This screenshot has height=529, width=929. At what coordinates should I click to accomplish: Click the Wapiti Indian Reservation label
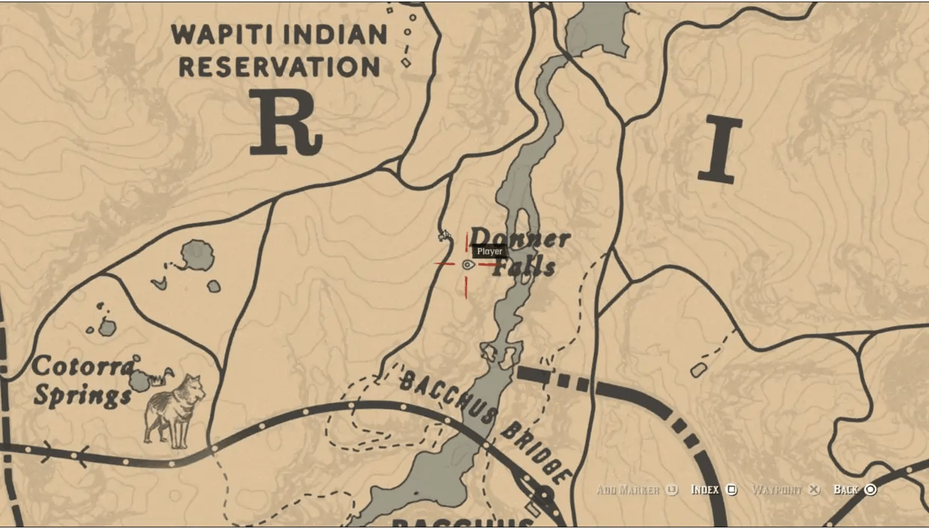click(279, 50)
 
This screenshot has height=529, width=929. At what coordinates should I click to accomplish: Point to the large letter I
click(719, 150)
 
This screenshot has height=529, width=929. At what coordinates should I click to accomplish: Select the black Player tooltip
click(490, 251)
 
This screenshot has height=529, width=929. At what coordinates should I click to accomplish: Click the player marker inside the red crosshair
click(468, 264)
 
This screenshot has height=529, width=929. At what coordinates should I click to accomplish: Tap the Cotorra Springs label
click(83, 380)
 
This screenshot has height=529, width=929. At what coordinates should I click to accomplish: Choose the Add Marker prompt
click(628, 490)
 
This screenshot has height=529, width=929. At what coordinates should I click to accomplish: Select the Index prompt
click(704, 490)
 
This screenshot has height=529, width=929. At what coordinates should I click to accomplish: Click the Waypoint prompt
click(777, 490)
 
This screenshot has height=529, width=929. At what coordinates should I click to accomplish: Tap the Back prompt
click(846, 490)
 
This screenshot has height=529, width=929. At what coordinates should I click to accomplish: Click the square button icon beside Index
click(731, 490)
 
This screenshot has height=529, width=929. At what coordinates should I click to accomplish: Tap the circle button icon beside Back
click(870, 490)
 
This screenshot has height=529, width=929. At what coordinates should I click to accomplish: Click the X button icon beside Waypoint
click(813, 490)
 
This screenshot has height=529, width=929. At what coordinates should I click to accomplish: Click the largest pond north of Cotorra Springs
click(198, 256)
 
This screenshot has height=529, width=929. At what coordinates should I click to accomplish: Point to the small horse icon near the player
click(445, 237)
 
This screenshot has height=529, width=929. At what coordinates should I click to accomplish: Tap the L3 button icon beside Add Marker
click(671, 490)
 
